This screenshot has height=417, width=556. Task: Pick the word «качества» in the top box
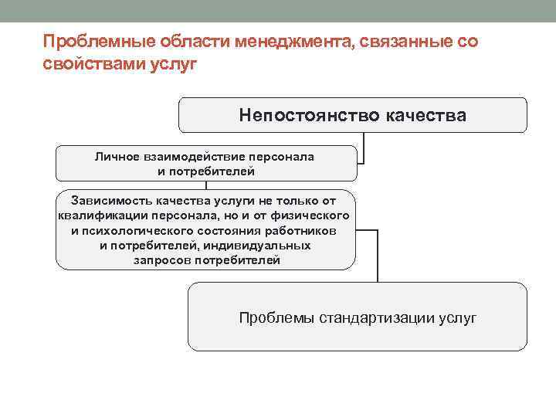[x=425, y=115]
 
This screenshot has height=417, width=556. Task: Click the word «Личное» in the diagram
[x=116, y=156]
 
